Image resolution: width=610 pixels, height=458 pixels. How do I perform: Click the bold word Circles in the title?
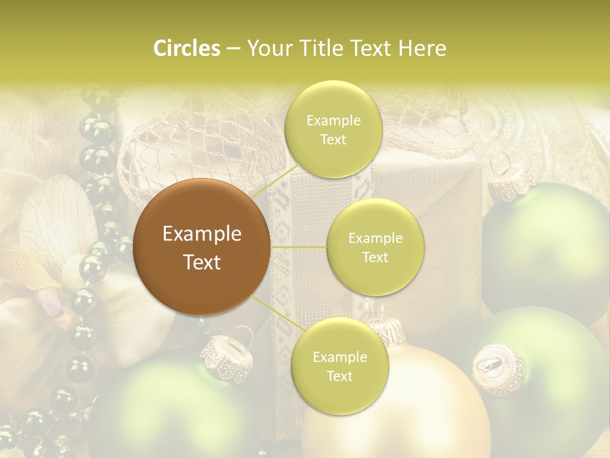tap(186, 48)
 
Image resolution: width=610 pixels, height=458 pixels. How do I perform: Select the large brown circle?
tap(202, 247)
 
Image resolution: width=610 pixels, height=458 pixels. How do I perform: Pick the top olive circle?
tap(333, 129)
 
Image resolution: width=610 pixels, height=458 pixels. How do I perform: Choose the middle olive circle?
tap(375, 247)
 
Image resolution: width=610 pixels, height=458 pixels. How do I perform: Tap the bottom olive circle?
tap(339, 366)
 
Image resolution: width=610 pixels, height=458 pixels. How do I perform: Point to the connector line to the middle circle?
tap(299, 247)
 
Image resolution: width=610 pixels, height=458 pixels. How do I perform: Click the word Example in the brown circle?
tap(202, 234)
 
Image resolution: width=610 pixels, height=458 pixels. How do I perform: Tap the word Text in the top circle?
tap(333, 139)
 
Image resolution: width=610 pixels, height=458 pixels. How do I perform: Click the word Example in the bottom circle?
tap(339, 357)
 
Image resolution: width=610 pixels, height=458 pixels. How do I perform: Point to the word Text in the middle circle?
tap(375, 257)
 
